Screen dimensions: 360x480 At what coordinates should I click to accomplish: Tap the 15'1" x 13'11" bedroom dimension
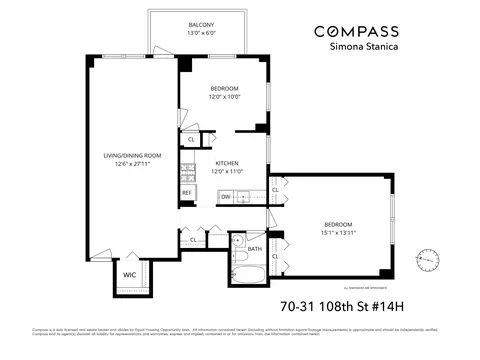[x=338, y=232]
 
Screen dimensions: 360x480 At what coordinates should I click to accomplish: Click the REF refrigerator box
[x=186, y=191]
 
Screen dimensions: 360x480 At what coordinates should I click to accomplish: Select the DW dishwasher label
[x=226, y=196]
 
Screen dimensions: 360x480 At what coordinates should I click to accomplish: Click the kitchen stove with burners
[x=187, y=171]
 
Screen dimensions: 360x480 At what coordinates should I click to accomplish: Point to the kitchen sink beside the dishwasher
[x=250, y=196]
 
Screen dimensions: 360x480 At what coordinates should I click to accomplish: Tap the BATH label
[x=254, y=249]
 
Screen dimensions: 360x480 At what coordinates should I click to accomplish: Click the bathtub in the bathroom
[x=246, y=274]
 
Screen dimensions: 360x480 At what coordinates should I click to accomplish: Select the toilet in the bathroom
[x=236, y=243]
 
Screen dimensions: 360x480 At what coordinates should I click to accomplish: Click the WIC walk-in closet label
[x=130, y=274]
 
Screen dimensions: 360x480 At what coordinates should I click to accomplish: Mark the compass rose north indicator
[x=429, y=258]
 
